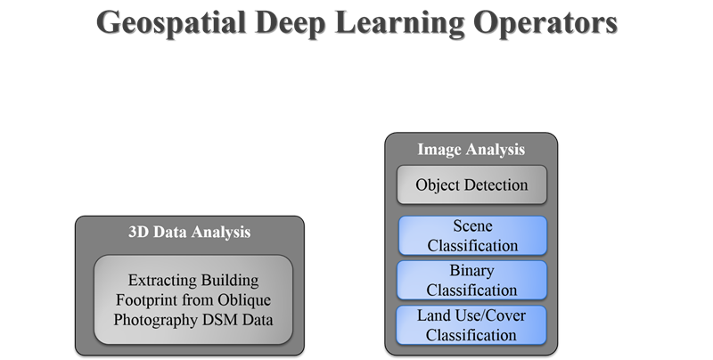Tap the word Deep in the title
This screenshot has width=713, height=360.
tap(291, 24)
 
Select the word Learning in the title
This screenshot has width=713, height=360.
tap(399, 24)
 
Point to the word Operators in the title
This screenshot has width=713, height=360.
tap(545, 23)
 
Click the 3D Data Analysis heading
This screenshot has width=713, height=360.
tap(190, 232)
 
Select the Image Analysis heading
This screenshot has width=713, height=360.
tap(471, 149)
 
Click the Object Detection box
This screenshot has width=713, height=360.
tap(471, 184)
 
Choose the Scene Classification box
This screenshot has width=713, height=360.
tap(472, 235)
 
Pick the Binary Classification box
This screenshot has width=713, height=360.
tap(471, 280)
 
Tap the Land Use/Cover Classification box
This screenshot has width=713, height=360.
tap(471, 325)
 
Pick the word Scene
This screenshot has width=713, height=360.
tap(472, 226)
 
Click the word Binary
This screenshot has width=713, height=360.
tap(471, 271)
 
